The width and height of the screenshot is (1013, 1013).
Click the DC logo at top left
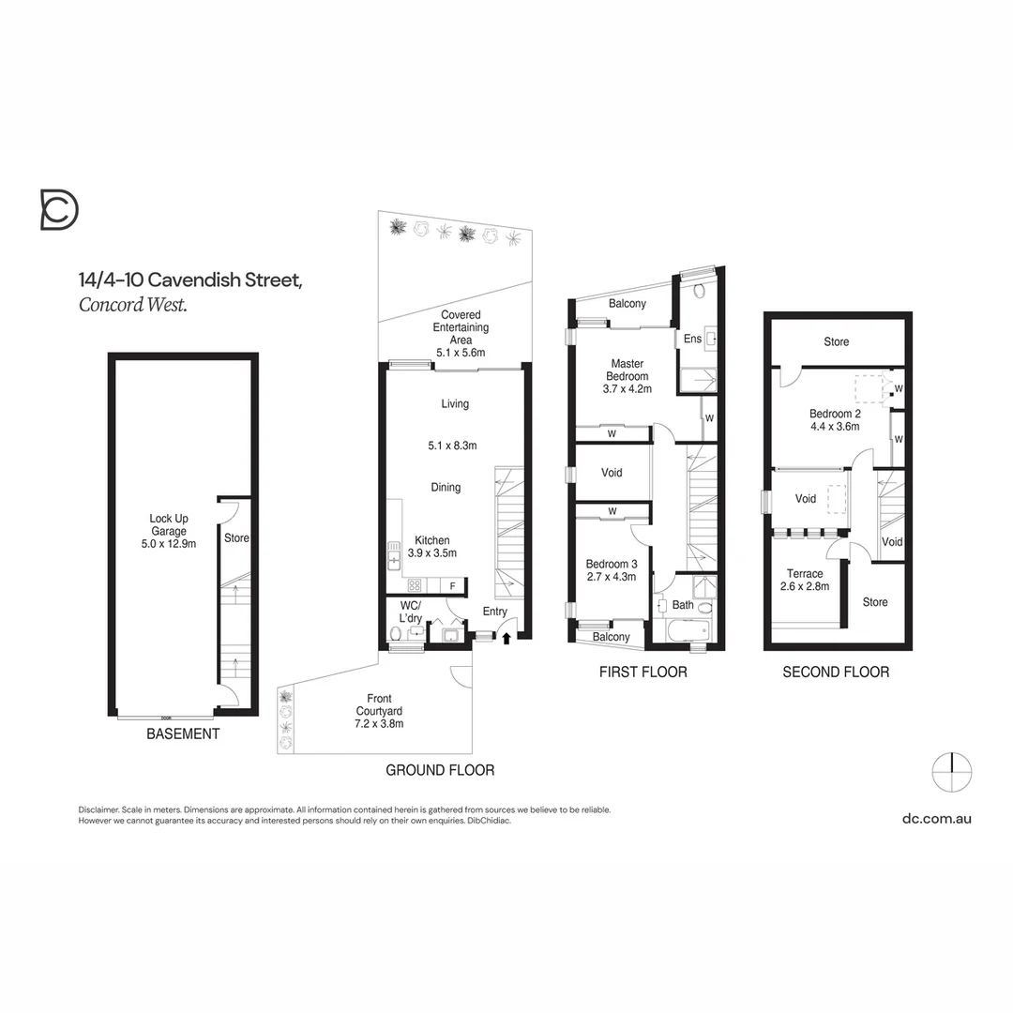click(59, 209)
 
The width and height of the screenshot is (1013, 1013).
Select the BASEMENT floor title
click(183, 733)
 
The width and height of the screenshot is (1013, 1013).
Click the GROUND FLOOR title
click(440, 770)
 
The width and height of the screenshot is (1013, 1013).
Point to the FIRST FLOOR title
click(643, 672)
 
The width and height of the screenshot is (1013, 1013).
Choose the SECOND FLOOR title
click(836, 672)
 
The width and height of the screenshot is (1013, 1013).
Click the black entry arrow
click(507, 638)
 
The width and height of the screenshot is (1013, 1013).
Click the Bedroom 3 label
click(611, 570)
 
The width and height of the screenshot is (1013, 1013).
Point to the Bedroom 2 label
click(835, 419)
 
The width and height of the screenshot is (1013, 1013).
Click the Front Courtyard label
click(380, 711)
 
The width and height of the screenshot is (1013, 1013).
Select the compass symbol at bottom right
click(951, 772)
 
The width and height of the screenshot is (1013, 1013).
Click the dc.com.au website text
click(936, 818)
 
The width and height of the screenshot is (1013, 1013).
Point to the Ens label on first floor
click(692, 339)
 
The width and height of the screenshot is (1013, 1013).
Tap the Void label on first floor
click(612, 473)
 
